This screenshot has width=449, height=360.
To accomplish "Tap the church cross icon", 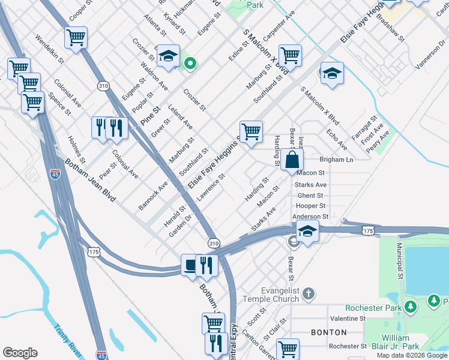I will (308, 293).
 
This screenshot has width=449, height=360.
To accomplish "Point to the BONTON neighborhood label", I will (328, 332).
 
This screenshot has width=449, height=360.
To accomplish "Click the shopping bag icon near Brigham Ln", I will (292, 160).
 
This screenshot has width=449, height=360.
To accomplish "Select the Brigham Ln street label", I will (336, 160).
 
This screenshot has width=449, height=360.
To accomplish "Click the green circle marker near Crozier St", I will (190, 63).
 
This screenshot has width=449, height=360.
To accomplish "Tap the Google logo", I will (20, 353).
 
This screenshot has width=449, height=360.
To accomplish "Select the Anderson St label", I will (310, 217).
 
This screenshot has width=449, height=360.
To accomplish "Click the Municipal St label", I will (399, 261).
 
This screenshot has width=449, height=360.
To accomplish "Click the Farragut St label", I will (364, 130).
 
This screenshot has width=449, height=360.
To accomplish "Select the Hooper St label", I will (310, 206).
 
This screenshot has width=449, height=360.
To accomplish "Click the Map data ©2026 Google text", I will (412, 355).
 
